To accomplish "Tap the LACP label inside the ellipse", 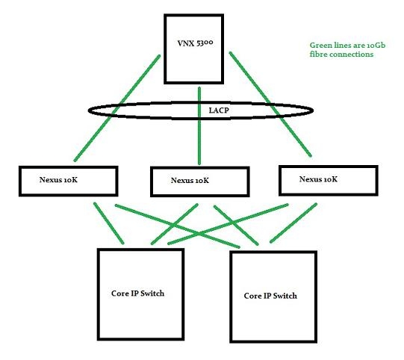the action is pos(219,111).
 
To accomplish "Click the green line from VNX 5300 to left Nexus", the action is pos(117,108).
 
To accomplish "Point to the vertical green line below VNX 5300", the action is pos(199,125).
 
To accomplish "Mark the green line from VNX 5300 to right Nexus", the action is pos(270,104).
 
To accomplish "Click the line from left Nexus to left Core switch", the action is pos(109,223).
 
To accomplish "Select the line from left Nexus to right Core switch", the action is pos(177,226).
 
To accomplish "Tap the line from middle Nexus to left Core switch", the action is pos(175,223).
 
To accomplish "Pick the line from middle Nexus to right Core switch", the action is pos(236,225).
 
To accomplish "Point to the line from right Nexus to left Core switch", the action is pos(228,224).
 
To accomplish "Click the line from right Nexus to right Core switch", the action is pos(293,223).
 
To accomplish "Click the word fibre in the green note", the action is pos(318,54).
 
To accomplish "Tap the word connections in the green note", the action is pos(352,55).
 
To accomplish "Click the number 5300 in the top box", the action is pos(205,43).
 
